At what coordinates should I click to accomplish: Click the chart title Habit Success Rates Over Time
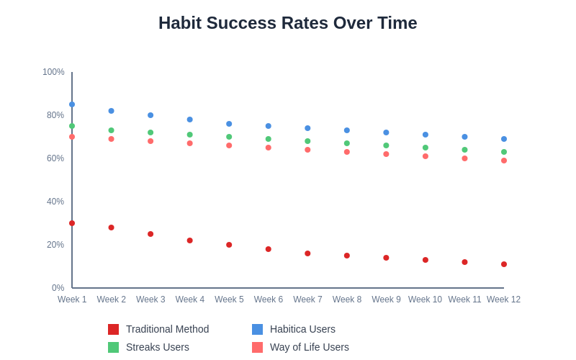coord(287,23)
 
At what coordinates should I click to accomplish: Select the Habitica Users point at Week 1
coord(72,104)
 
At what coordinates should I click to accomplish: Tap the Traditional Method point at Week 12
coord(504,264)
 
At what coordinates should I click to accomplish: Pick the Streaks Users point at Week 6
coord(269,139)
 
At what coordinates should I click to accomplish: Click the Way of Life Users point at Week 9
coord(386,154)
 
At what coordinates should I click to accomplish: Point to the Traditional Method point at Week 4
coord(190,240)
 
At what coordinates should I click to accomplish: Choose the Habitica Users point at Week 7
coord(307,128)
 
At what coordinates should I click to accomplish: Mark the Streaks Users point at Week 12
coord(504,152)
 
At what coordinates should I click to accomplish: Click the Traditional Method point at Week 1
coord(72,223)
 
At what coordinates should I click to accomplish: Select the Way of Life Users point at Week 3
coord(150,141)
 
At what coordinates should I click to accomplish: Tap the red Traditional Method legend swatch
coord(114,329)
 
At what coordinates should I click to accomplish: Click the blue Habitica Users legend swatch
coord(258,329)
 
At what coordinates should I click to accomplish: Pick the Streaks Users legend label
coord(158,347)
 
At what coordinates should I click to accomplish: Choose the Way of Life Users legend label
coord(310,347)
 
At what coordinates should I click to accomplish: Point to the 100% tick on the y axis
coord(53,72)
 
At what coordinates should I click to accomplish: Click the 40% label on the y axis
coord(55,202)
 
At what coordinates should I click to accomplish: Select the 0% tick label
coord(58,288)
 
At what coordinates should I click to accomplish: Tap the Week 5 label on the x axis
coord(229,300)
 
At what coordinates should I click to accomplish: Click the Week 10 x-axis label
coord(425,300)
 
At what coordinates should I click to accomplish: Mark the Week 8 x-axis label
coord(347,300)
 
